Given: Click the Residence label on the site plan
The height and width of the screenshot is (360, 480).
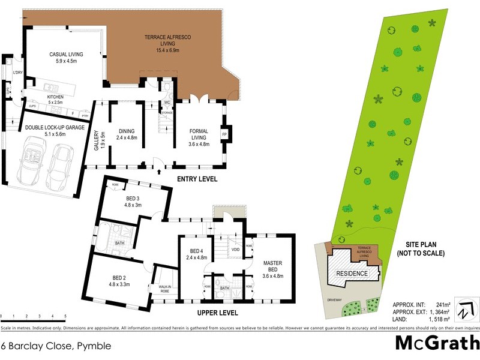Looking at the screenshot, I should pos(352,272).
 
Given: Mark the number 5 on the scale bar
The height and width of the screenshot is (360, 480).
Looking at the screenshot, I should pos(65,316).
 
